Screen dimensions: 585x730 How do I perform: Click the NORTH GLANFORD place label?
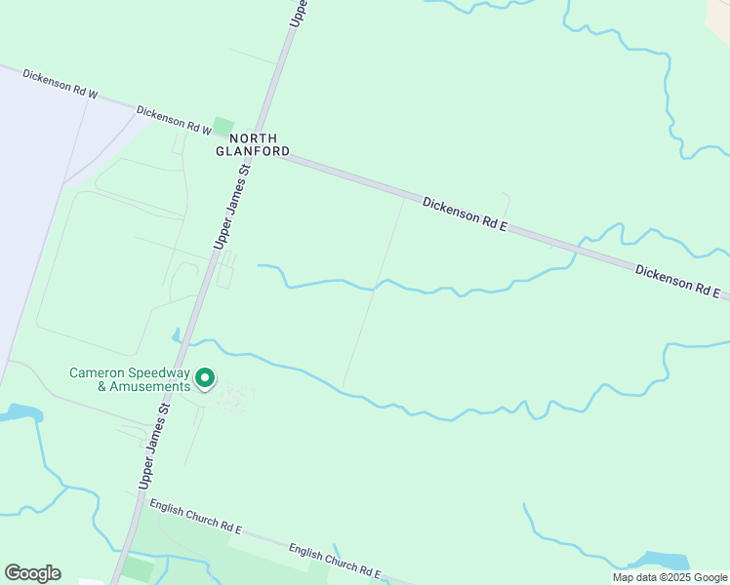253,145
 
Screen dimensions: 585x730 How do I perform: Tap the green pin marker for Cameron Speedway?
205,376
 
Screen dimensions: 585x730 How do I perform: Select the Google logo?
32,572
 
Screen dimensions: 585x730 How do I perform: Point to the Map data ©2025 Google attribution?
669,577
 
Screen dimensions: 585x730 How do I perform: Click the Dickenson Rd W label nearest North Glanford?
174,119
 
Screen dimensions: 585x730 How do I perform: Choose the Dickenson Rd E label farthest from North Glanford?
677,281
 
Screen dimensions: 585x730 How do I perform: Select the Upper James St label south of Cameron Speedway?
154,448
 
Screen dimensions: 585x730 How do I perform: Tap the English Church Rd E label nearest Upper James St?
195,516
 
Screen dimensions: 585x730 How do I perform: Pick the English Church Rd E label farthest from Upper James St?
334,561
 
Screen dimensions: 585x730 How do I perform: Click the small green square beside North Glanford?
223,127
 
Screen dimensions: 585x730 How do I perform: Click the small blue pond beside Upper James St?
177,336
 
